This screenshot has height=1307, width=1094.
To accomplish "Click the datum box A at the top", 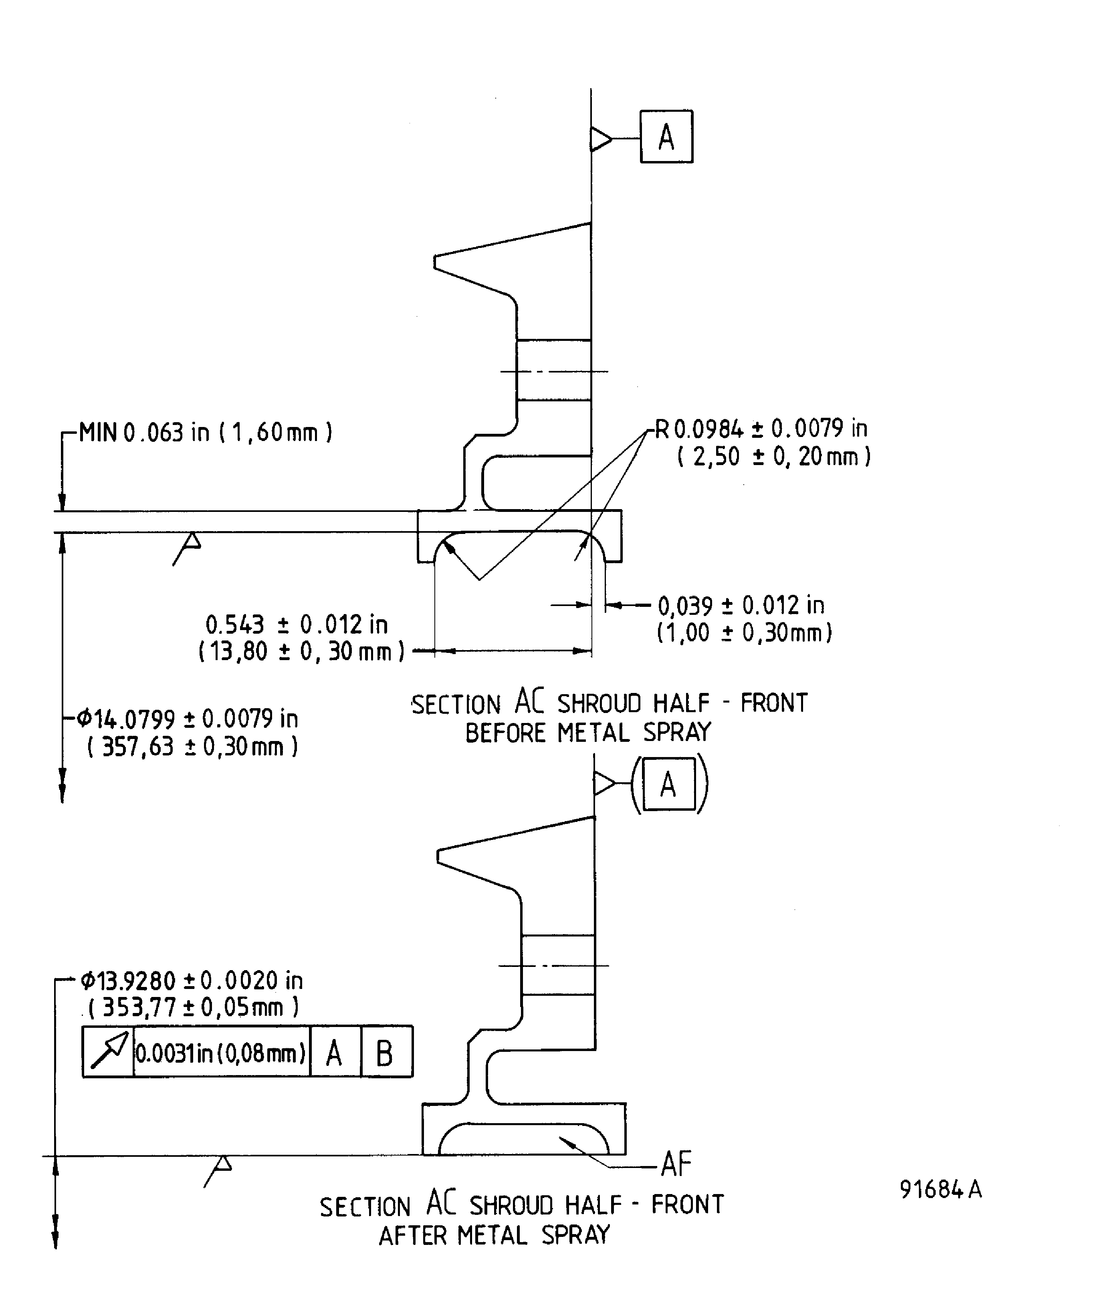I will (666, 137).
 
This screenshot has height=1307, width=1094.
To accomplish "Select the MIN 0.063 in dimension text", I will (206, 432).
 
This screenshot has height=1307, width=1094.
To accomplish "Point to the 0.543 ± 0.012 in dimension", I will (297, 624).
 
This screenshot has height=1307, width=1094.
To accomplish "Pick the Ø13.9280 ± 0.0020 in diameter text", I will (192, 981).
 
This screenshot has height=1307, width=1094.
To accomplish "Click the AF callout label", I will (676, 1164).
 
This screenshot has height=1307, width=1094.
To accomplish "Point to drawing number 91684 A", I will (940, 1189).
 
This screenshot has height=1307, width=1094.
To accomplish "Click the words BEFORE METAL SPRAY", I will (588, 733).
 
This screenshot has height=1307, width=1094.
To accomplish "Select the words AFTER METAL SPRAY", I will (495, 1235).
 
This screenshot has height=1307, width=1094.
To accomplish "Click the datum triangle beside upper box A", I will (600, 139).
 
